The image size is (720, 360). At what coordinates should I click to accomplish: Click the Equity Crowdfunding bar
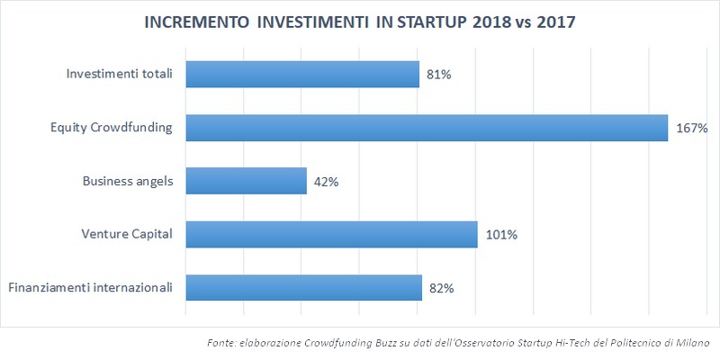pos(426,128)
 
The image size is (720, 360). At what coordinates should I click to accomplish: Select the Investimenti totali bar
pos(302,74)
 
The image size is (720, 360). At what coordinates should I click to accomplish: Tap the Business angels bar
pos(246,182)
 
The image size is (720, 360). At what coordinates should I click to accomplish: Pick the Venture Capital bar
pos(331,235)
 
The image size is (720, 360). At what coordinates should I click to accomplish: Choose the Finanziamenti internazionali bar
pos(303,288)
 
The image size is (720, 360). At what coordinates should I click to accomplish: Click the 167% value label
pos(692,129)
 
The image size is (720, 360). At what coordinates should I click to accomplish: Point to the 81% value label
pos(438,75)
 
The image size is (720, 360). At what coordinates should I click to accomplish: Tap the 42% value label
pos(325,182)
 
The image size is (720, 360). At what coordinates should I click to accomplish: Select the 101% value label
pos(500,236)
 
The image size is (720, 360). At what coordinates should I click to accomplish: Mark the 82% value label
pos(441,289)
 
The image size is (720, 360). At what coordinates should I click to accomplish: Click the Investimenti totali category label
pos(120,74)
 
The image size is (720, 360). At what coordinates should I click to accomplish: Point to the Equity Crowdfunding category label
pos(112,128)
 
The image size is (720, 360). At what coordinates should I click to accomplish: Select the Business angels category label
pos(127,182)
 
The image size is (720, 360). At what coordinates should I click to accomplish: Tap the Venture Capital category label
pos(126,235)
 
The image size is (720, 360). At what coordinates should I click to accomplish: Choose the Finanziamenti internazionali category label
pos(90,288)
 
